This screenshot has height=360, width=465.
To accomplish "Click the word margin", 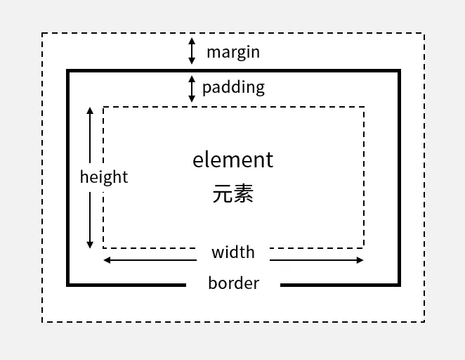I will coord(232,52).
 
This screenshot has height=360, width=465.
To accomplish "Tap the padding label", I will coord(233,87).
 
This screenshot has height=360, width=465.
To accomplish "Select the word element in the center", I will coord(232,160).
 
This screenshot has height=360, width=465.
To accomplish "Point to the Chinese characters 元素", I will coord(232,193).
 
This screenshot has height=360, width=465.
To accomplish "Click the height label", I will coord(104,176).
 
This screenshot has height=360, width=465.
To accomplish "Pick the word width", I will coord(233,252).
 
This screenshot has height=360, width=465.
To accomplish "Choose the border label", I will coord(233,283).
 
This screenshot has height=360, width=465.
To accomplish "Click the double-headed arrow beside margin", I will coord(192,51).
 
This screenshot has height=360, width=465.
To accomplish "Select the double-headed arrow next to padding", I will coord(192,89).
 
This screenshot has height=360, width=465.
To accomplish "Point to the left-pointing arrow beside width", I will coord(149,260).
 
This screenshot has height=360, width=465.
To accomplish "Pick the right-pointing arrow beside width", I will coord(317,260).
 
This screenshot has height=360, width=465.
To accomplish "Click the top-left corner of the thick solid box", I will coord(68,71).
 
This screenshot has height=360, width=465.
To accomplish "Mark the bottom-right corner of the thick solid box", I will coord(398,285).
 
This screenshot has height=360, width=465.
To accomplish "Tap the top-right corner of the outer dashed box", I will coord(424,33).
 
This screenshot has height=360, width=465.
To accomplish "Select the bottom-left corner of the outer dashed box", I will coord(42,322).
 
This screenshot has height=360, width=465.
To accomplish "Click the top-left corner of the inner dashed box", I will coord(104,108).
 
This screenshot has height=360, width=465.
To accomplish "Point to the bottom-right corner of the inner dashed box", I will coord(364,247).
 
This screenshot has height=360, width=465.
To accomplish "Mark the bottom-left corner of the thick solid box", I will coord(68,285).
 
